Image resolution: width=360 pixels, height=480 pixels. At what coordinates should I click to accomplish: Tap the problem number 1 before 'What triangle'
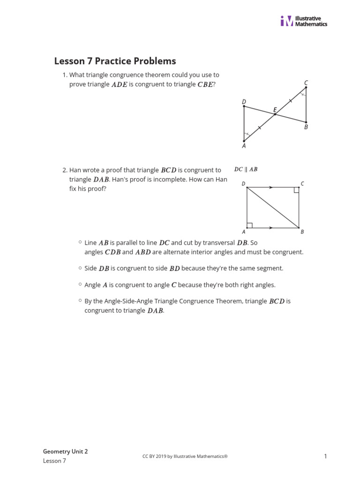[x=65, y=75]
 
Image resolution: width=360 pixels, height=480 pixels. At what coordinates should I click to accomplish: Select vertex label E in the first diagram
[x=275, y=110]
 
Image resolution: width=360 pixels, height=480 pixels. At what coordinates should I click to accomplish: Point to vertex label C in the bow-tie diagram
[x=306, y=83]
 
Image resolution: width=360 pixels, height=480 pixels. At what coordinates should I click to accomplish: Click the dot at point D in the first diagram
[x=244, y=106]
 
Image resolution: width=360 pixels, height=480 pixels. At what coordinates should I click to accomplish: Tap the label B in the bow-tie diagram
[x=306, y=127]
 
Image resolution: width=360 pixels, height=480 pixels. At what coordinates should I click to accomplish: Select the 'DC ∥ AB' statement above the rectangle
[x=246, y=169]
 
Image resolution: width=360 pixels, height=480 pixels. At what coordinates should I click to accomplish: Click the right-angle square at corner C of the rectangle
[x=296, y=190]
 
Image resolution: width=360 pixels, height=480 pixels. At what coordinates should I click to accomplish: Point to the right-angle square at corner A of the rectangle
[x=249, y=225]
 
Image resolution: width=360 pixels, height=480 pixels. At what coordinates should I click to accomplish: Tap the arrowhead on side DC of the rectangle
[x=271, y=187]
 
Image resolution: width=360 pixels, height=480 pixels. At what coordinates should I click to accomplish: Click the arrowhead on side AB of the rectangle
[x=271, y=228]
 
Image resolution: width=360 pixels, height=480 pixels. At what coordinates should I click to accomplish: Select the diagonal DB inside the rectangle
[x=273, y=208]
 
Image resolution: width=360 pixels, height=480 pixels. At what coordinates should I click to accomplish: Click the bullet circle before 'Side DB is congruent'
[x=80, y=268]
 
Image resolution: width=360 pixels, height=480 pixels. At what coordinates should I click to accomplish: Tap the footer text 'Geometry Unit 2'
[x=65, y=451]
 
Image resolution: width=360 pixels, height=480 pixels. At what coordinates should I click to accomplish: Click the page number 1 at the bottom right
[x=325, y=456]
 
